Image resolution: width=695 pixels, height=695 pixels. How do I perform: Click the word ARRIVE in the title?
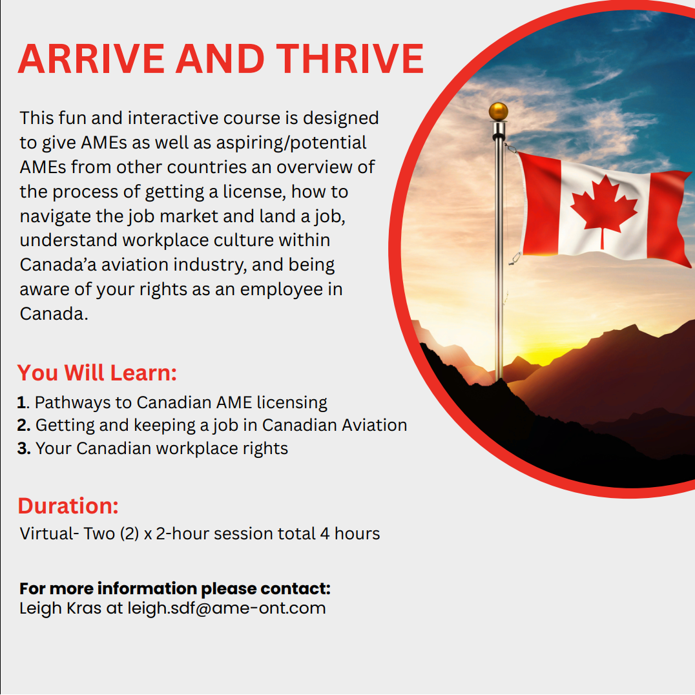tap(92, 59)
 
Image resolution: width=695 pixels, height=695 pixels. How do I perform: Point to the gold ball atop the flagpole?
tap(498, 112)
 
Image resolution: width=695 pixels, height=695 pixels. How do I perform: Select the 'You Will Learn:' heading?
tap(97, 373)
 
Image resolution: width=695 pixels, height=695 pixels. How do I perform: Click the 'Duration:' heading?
tap(68, 506)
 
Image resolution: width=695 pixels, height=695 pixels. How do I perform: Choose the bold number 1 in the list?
tap(22, 402)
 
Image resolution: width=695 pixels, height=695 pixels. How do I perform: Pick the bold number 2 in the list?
tap(23, 425)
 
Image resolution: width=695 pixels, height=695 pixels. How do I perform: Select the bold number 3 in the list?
tap(23, 448)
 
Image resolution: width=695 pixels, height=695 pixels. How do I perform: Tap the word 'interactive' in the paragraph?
tap(172, 118)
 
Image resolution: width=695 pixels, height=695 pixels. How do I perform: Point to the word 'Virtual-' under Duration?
tap(49, 534)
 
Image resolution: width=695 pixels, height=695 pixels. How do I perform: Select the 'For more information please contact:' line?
tap(174, 588)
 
